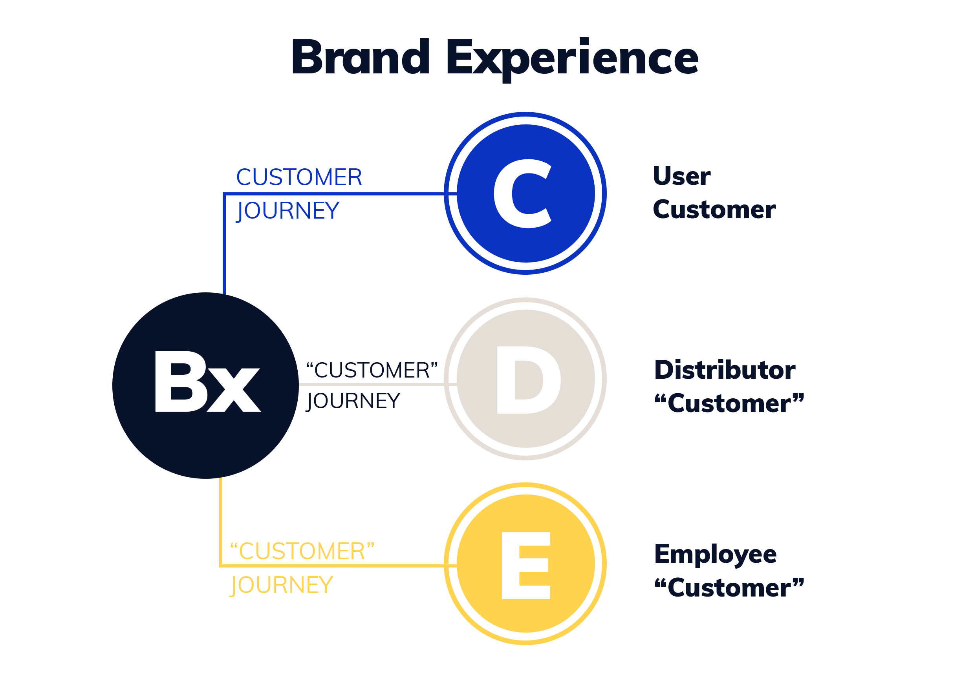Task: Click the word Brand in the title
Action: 361,57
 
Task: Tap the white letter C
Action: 522,194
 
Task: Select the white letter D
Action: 528,380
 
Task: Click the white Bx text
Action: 207,381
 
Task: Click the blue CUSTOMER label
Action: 299,178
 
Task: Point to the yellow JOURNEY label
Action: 282,585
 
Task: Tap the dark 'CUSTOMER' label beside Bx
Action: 372,370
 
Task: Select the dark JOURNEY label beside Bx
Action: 353,401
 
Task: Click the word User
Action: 682,177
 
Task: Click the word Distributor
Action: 725,370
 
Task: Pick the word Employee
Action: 716,555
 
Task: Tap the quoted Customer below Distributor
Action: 729,403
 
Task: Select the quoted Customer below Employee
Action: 729,587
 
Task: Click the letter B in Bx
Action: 180,381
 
